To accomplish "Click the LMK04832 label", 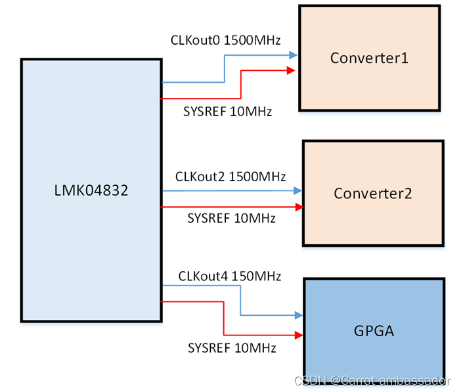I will (91, 192).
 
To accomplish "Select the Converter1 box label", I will (369, 58).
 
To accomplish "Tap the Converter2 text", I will (372, 194).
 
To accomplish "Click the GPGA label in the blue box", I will (374, 330).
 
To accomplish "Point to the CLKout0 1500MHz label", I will (225, 40).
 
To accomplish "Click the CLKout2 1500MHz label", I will (230, 177).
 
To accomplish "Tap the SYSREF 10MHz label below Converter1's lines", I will (227, 112).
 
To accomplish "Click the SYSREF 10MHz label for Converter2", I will (231, 218).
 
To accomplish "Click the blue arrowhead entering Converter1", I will (294, 55).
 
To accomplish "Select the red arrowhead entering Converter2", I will (299, 207).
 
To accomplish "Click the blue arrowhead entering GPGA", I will (299, 315).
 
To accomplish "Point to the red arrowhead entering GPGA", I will (299, 335).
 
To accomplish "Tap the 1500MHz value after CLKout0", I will (252, 40).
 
